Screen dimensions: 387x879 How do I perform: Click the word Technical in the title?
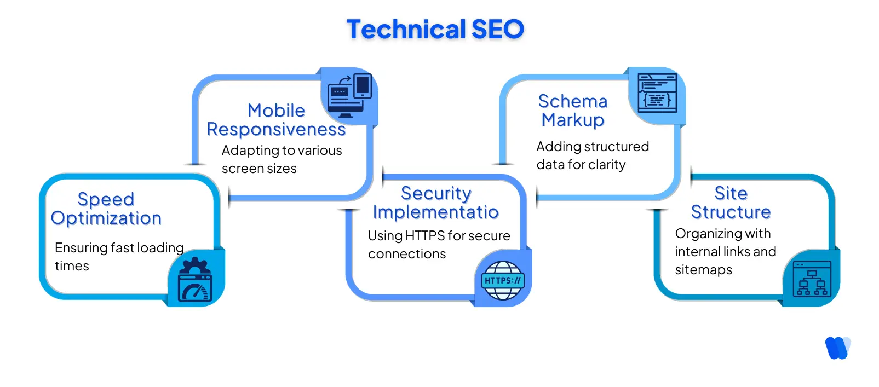point(406,30)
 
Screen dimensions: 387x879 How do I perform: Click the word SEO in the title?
point(497,30)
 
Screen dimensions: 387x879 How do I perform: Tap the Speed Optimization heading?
point(106,209)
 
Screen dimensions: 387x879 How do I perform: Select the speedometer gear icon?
point(195,280)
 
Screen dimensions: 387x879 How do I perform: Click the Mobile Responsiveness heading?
point(276,120)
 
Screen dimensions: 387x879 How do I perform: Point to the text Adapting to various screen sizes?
point(281,159)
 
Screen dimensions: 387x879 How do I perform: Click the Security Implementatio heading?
point(436,203)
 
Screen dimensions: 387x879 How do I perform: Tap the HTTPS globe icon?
point(503,280)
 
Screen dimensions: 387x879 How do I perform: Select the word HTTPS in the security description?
point(424,236)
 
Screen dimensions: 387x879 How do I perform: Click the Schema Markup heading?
point(573,111)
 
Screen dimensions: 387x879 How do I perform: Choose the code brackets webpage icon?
point(657,94)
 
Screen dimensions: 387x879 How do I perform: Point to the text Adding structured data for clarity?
point(592,155)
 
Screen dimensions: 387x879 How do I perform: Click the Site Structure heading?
point(731,203)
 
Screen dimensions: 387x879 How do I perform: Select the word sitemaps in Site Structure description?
point(703,270)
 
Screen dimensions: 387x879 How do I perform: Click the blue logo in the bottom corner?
point(837,348)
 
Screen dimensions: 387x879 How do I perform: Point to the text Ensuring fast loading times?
point(119,256)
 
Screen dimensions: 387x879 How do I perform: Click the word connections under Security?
point(407,254)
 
